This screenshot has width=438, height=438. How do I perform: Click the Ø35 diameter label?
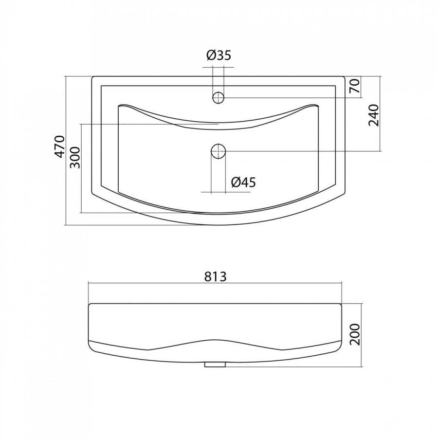click(219, 55)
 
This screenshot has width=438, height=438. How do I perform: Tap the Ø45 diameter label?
click(243, 182)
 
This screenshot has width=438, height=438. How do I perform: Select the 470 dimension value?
click(59, 146)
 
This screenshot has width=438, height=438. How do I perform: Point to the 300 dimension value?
click(75, 158)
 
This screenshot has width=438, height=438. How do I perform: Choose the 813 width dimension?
click(215, 276)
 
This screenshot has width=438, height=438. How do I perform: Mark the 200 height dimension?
click(355, 334)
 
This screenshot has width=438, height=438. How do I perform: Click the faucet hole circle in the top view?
click(218, 98)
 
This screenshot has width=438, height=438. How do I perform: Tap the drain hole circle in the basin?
click(218, 151)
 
